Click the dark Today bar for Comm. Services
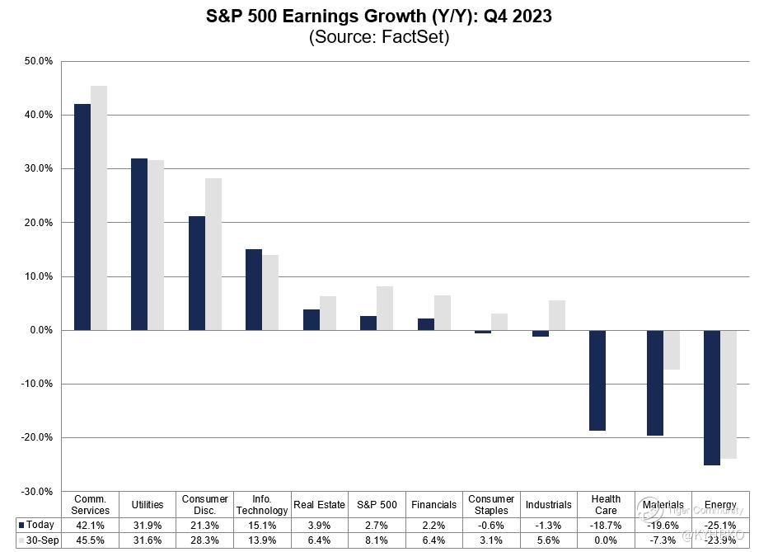82,217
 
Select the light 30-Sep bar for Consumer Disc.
213,254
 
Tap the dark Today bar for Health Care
597,380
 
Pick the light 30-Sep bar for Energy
729,394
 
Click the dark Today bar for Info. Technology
254,290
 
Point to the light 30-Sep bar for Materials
672,350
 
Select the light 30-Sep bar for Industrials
557,315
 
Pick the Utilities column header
148,504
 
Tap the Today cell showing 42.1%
91,525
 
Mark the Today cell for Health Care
606,525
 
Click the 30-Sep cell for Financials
433,540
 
